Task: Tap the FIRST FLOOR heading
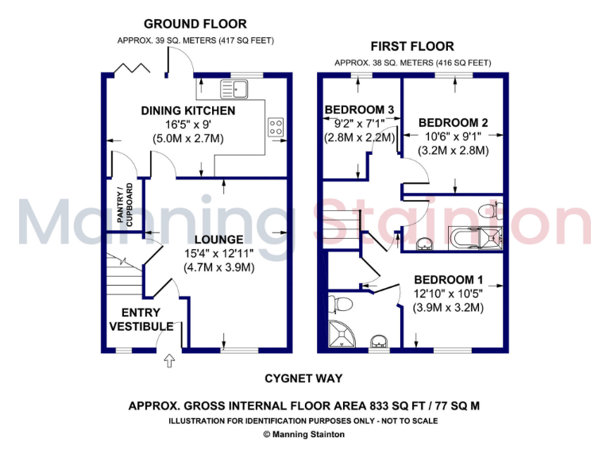pyautogui.click(x=411, y=46)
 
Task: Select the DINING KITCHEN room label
pyautogui.click(x=188, y=111)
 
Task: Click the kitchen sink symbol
pyautogui.click(x=238, y=86)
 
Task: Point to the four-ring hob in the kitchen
pyautogui.click(x=276, y=128)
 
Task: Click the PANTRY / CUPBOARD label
pyautogui.click(x=127, y=206)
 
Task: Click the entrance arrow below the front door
pyautogui.click(x=168, y=362)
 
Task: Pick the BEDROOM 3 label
pyautogui.click(x=360, y=109)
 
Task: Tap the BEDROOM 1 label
pyautogui.click(x=448, y=279)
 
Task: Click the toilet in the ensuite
pyautogui.click(x=343, y=304)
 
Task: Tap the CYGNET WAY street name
pyautogui.click(x=304, y=378)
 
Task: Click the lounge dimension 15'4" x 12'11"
pyautogui.click(x=218, y=253)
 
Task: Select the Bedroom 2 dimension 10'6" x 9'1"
pyautogui.click(x=453, y=136)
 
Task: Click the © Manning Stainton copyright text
pyautogui.click(x=304, y=435)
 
